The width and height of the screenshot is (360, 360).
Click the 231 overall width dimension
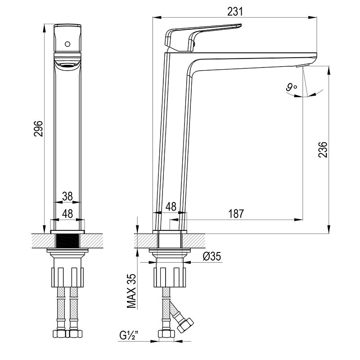[x=235, y=12]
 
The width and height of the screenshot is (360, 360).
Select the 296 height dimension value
[x=38, y=129]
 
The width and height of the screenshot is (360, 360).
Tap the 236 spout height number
[x=323, y=149]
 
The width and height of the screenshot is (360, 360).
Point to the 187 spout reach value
[x=236, y=214]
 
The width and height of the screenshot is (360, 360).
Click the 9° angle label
[x=291, y=87]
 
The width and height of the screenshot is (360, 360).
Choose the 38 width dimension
[x=67, y=197]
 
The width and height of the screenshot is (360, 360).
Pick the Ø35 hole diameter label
[x=211, y=256]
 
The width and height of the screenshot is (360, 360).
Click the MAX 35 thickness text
[x=132, y=291]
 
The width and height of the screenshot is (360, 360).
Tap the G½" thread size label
[x=129, y=335]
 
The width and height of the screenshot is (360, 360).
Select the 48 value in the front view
[x=67, y=214]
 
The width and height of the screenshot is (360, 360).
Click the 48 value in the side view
[x=171, y=207]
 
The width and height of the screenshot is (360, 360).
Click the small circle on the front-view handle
[x=67, y=44]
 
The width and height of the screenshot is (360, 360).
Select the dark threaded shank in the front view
[x=67, y=241]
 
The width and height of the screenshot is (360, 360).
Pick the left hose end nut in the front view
[x=59, y=333]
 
